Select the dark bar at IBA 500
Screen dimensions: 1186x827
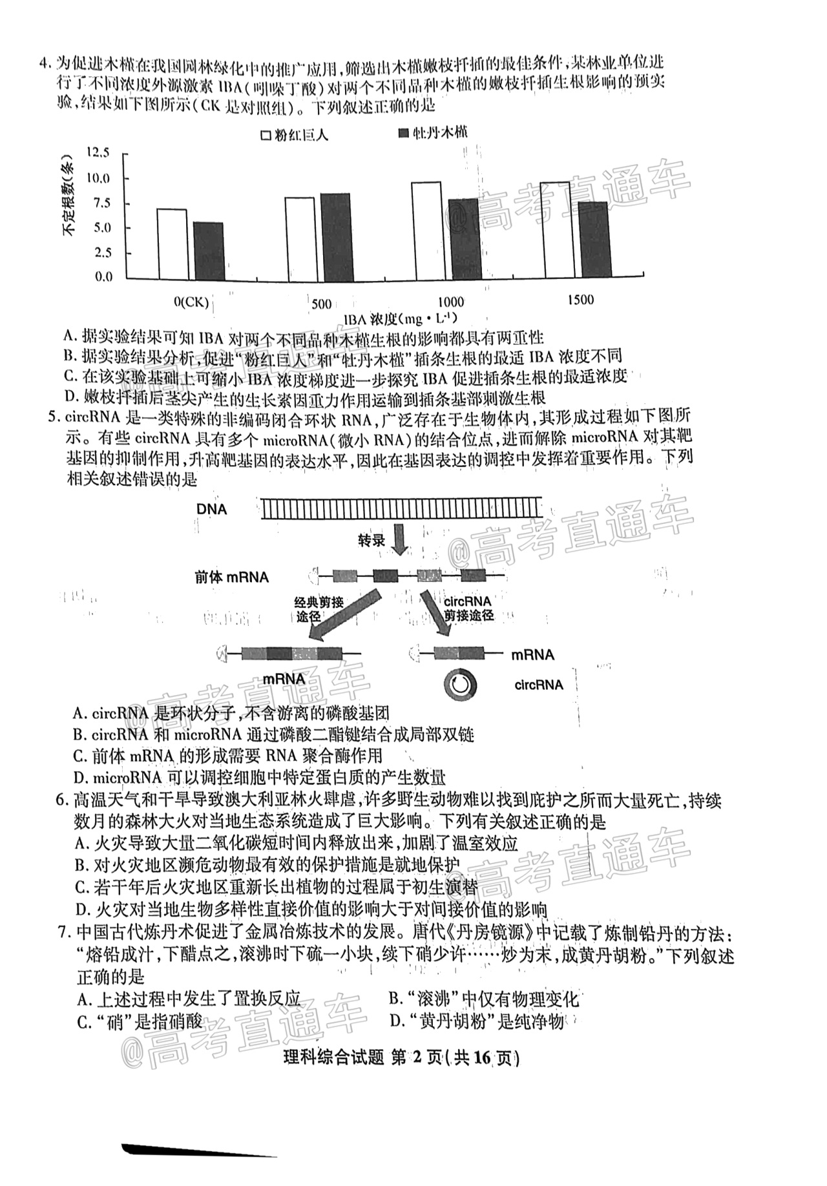[x=335, y=237]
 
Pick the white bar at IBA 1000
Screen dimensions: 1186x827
[x=426, y=231]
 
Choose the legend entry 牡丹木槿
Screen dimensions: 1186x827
[x=434, y=133]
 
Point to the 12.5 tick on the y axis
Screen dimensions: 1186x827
[x=97, y=153]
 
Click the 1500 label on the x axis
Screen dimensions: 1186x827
[x=580, y=300]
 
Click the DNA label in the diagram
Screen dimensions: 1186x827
[x=212, y=510]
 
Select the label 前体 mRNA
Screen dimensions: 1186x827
[x=231, y=577]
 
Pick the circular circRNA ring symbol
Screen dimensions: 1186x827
[x=459, y=685]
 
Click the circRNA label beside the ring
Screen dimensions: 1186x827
[x=538, y=685]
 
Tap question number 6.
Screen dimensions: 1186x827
[x=62, y=801]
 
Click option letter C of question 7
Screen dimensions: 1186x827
[x=83, y=1022]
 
